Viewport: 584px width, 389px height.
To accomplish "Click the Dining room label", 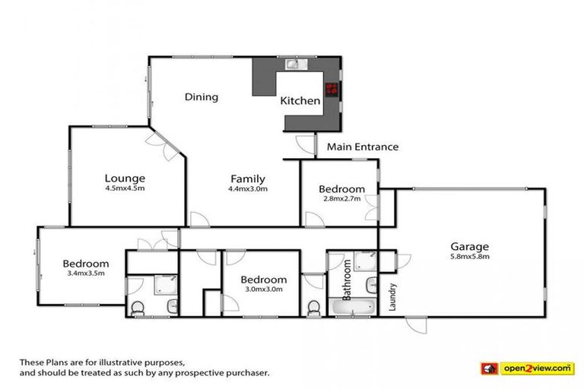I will point(202,97).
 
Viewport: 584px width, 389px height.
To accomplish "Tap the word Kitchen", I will point(300,100).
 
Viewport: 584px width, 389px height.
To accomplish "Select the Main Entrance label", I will point(362,147).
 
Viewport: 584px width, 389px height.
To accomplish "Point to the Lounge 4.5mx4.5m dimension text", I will point(125,188).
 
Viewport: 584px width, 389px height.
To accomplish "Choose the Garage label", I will point(468,246).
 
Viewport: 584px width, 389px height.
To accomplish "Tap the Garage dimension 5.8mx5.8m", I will point(468,256).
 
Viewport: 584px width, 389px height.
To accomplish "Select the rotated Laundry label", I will point(393,296).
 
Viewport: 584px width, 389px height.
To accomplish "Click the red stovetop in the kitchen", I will point(332,89).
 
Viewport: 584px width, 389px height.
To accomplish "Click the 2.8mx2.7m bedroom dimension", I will point(341,198).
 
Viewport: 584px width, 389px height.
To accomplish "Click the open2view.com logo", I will point(525,368).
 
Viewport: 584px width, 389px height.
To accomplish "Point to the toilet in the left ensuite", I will point(137,308).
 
